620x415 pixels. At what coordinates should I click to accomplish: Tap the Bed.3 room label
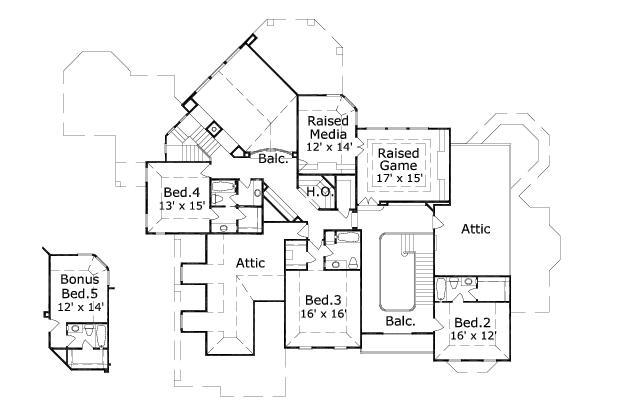[323, 300]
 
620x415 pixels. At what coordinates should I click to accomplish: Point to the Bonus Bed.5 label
[79, 286]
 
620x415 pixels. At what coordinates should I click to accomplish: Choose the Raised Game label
[399, 159]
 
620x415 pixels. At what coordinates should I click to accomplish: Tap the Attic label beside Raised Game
[476, 229]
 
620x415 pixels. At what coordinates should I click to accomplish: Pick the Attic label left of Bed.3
[250, 262]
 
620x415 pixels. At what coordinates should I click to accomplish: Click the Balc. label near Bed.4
[273, 158]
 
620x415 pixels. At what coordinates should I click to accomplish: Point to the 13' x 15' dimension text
[183, 206]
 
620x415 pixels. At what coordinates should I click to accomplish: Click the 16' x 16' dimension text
[323, 314]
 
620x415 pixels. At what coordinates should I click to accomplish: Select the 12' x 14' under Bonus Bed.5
[79, 307]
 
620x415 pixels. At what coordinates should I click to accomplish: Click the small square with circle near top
[213, 130]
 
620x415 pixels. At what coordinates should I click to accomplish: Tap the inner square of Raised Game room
[399, 165]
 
